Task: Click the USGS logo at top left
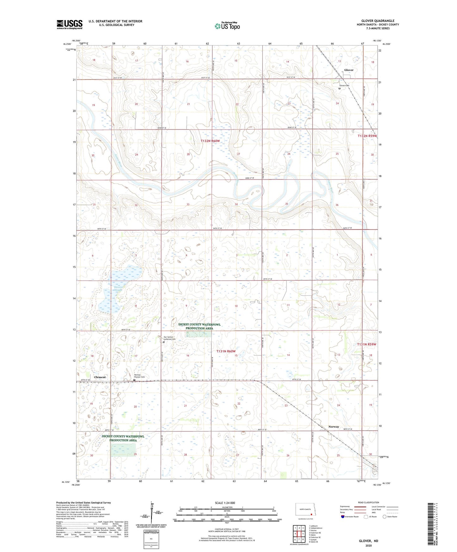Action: [x=70, y=24]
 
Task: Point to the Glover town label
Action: [x=349, y=70]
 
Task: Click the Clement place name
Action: [x=100, y=377]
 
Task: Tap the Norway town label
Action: [x=333, y=426]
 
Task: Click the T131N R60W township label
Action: [x=226, y=351]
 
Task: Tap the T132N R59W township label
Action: [x=367, y=136]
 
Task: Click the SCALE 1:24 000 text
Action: [x=225, y=503]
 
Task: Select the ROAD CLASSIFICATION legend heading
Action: [x=368, y=502]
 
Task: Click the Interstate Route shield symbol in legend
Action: [x=343, y=517]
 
